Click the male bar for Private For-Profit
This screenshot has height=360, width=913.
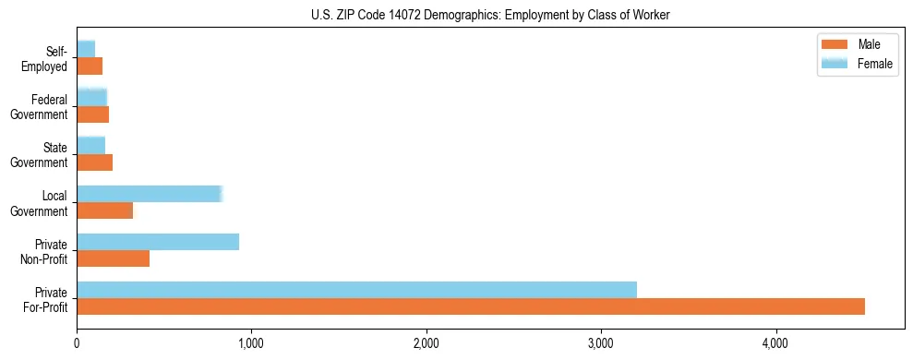(471, 306)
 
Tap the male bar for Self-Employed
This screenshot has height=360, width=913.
(90, 66)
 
